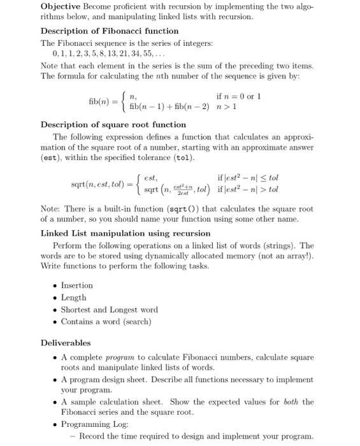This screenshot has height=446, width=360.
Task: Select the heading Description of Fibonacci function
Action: click(x=110, y=31)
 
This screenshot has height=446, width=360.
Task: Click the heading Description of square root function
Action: click(x=113, y=124)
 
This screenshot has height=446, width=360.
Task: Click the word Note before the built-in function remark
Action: click(x=50, y=209)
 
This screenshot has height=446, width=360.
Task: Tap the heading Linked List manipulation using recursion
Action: click(x=126, y=233)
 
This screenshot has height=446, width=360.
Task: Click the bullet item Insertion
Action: click(x=76, y=285)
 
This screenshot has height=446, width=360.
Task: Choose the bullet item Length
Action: click(x=73, y=298)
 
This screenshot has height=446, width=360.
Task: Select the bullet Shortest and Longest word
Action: click(x=109, y=310)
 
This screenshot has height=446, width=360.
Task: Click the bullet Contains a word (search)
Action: click(x=106, y=322)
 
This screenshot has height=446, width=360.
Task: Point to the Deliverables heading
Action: click(x=66, y=343)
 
